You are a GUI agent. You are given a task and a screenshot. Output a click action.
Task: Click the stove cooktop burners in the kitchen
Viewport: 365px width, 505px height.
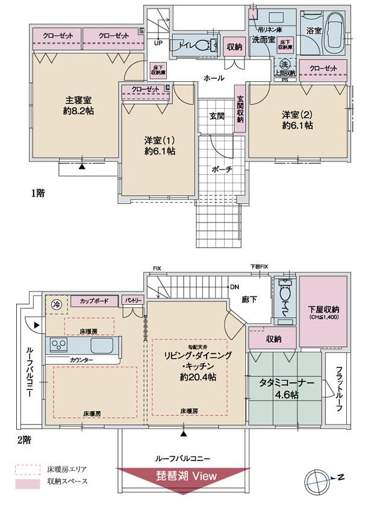pos(60,345)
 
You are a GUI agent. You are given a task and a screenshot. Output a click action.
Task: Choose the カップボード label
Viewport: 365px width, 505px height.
pos(95,299)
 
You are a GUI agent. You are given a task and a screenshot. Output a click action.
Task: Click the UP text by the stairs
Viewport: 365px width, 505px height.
pos(158,43)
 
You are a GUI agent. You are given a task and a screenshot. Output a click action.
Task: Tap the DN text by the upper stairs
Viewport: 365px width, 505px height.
pos(234,287)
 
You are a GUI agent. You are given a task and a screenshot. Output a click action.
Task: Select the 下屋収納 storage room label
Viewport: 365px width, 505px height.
pos(323,309)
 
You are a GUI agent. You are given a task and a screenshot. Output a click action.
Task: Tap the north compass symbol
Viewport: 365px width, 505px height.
pos(324,479)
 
